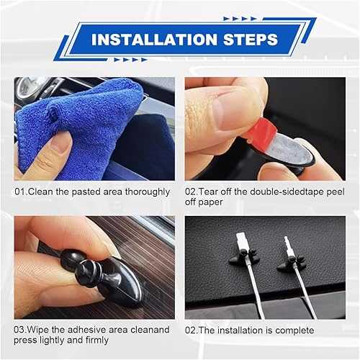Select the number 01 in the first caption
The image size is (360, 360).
(21, 192)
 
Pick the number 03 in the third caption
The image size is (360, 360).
(21, 330)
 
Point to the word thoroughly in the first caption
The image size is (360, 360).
(145, 192)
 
